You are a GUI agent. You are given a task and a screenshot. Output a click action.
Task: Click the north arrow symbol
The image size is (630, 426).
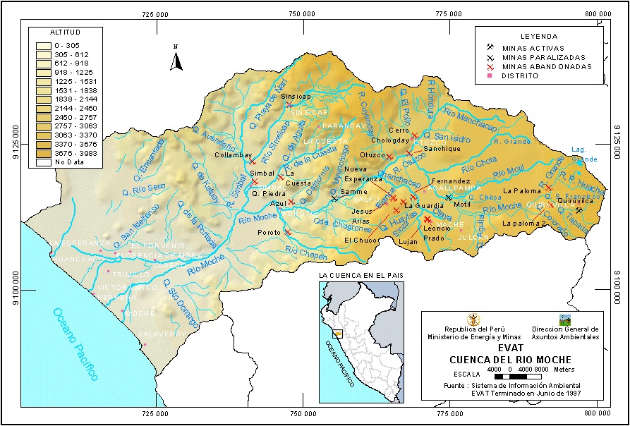point(177,59)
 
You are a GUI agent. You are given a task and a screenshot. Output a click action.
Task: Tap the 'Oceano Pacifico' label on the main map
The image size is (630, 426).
point(73,344)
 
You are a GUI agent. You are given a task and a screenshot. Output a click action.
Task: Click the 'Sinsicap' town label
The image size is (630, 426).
point(296,96)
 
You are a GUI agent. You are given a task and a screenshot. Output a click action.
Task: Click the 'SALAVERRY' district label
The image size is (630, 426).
point(163,334)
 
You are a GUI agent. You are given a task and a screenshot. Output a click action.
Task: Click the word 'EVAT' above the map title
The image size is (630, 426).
point(510,348)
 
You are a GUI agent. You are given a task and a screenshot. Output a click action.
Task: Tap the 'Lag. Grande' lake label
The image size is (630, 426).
point(583,155)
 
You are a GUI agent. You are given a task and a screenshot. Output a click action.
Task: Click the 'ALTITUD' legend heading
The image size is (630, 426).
point(66,32)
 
